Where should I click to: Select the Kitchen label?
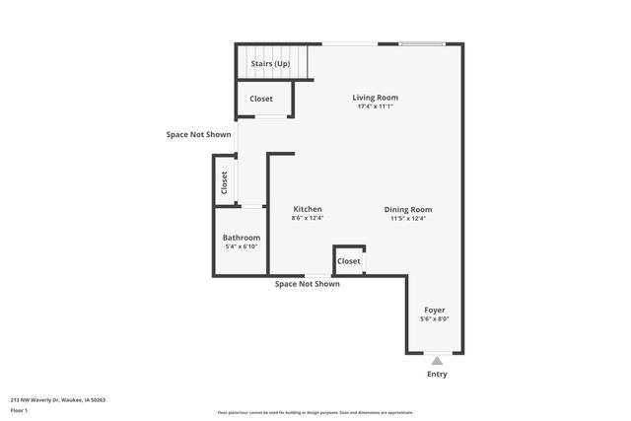click(308, 209)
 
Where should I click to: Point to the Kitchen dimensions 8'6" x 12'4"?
click(308, 219)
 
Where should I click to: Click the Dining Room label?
click(408, 209)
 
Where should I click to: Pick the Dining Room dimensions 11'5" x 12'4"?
click(408, 219)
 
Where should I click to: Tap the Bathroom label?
click(241, 238)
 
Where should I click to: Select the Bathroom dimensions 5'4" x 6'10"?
click(241, 247)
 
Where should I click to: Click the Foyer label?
click(435, 310)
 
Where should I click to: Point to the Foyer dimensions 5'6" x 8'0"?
click(435, 319)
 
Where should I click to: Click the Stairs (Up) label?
click(269, 64)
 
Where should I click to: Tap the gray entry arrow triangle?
click(437, 361)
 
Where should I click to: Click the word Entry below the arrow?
click(437, 375)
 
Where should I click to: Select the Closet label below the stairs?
click(261, 99)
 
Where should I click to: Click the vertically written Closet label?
click(224, 181)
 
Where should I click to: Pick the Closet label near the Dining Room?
click(349, 261)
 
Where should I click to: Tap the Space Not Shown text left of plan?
click(198, 133)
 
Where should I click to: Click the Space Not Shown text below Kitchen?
click(307, 284)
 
